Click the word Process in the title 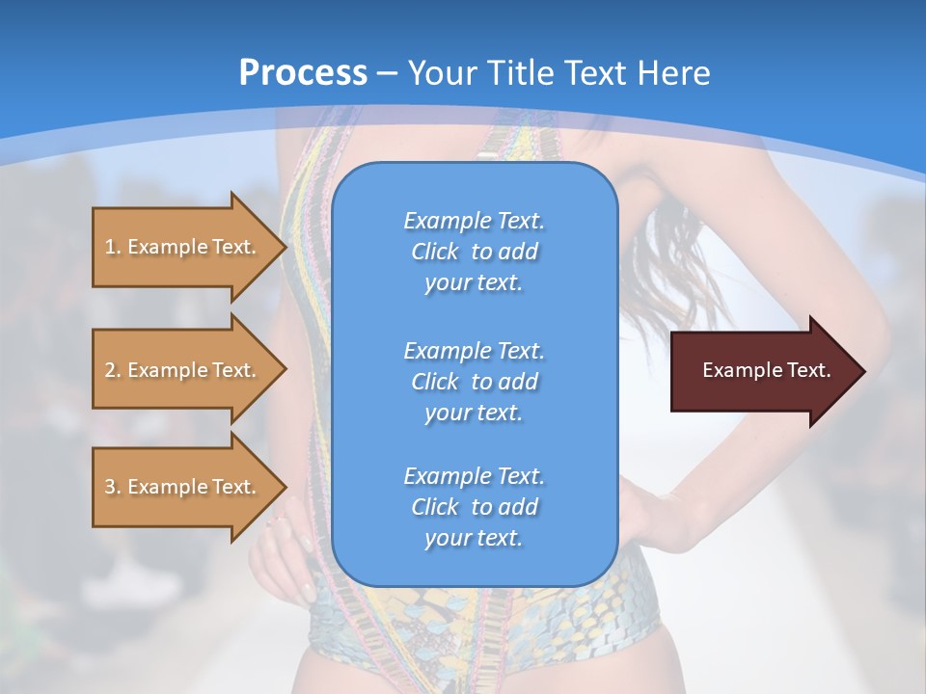click(303, 73)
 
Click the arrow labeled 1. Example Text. click(183, 247)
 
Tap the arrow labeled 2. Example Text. click(183, 370)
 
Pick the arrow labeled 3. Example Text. click(183, 487)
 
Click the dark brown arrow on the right click(762, 370)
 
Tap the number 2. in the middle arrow click(113, 370)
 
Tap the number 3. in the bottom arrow click(113, 487)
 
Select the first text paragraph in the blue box click(474, 252)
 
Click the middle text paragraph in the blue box click(474, 381)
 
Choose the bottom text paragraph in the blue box click(474, 507)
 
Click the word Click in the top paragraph click(435, 252)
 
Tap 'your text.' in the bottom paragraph click(474, 538)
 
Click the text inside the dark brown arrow click(766, 370)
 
